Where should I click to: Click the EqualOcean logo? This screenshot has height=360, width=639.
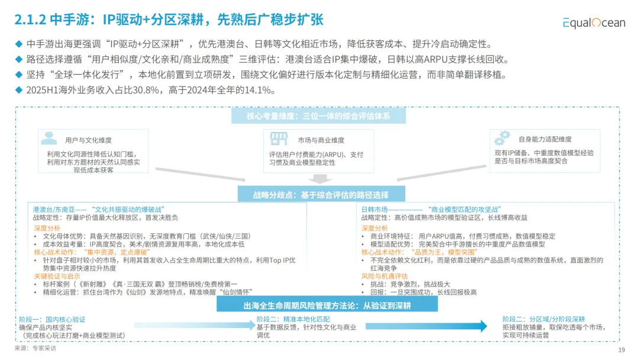click(x=593, y=22)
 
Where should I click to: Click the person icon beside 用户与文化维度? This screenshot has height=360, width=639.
click(x=49, y=139)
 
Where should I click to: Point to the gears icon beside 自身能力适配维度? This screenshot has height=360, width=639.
click(x=502, y=138)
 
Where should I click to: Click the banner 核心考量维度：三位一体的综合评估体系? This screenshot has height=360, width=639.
click(x=318, y=116)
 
